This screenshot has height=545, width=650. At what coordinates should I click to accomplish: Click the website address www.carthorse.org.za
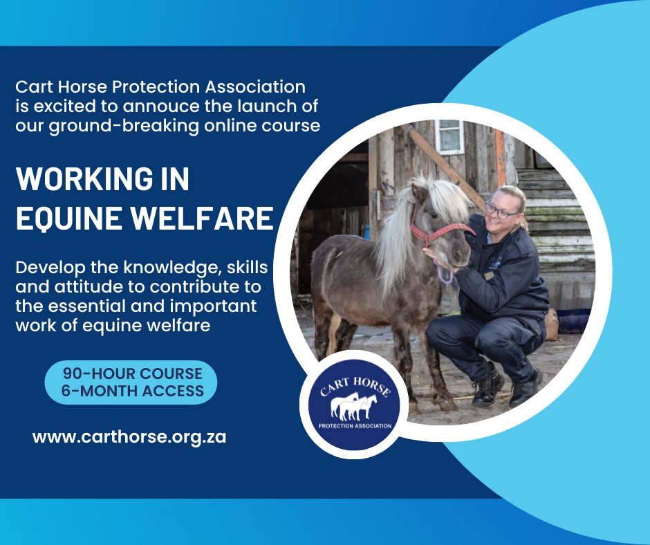tap(129, 437)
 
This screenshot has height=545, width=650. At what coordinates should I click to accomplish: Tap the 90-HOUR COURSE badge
tap(131, 374)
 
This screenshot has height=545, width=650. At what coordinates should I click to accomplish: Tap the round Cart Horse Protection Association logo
tap(355, 405)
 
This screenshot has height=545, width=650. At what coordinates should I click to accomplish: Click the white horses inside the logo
tap(354, 406)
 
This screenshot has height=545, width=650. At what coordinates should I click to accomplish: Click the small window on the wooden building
tap(449, 136)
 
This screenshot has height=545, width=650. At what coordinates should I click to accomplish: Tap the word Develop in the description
tap(48, 268)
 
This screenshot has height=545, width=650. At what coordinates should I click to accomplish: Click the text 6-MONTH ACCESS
tap(132, 391)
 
